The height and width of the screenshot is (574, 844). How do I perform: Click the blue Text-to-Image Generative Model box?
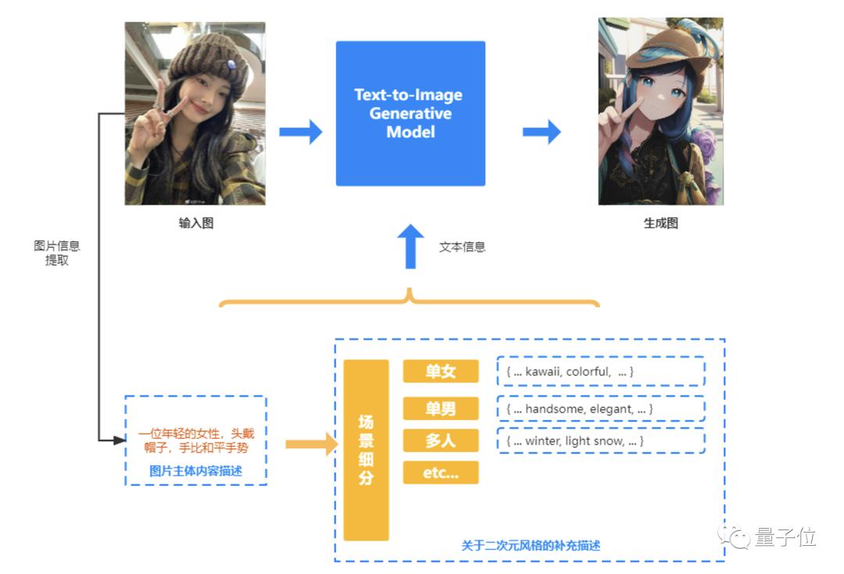point(410,114)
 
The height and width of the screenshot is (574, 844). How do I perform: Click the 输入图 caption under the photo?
point(195,223)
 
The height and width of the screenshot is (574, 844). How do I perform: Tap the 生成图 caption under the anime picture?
point(660,223)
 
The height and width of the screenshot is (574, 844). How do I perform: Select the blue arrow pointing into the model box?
point(301,132)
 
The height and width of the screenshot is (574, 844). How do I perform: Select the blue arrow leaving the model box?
point(542,132)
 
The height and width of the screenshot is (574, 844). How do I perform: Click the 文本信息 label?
point(462,247)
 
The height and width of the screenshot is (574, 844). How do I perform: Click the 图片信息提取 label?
point(56,253)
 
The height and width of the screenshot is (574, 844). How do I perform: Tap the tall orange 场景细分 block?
point(366,450)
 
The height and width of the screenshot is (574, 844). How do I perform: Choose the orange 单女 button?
point(440,372)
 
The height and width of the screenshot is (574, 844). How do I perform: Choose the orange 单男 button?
point(440,408)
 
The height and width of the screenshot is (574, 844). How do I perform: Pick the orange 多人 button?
point(440,440)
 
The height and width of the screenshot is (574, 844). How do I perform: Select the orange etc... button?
point(440,472)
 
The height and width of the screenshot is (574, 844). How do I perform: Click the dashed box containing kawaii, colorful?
point(600,372)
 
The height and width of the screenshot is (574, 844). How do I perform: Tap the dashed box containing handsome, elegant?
point(600,408)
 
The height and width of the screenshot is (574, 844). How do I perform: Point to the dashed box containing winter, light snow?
point(600,441)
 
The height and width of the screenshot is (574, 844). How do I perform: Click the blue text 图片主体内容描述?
point(195,471)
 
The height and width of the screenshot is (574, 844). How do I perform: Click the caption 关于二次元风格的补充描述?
point(531,545)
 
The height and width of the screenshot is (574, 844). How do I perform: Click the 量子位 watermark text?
point(785,537)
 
